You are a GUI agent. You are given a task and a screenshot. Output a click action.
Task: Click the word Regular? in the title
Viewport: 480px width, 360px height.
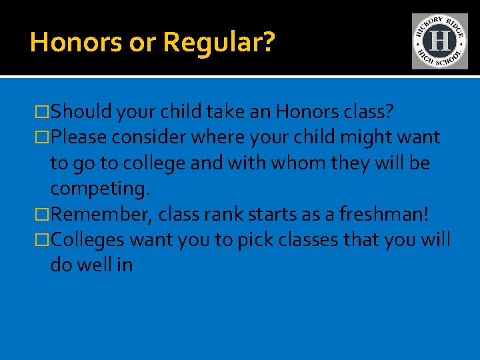click(218, 43)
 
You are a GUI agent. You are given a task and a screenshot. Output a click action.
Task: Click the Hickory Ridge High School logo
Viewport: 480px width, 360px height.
click(439, 41)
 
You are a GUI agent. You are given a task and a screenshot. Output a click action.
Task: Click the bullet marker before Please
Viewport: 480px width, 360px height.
click(44, 137)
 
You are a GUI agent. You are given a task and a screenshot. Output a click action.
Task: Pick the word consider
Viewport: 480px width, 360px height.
click(150, 137)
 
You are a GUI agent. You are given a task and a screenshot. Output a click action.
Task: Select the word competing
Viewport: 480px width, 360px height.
click(101, 189)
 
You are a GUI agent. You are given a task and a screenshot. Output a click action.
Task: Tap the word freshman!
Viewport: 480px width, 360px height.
click(385, 214)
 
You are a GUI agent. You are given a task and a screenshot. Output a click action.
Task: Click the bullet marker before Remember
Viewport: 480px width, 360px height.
click(44, 214)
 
